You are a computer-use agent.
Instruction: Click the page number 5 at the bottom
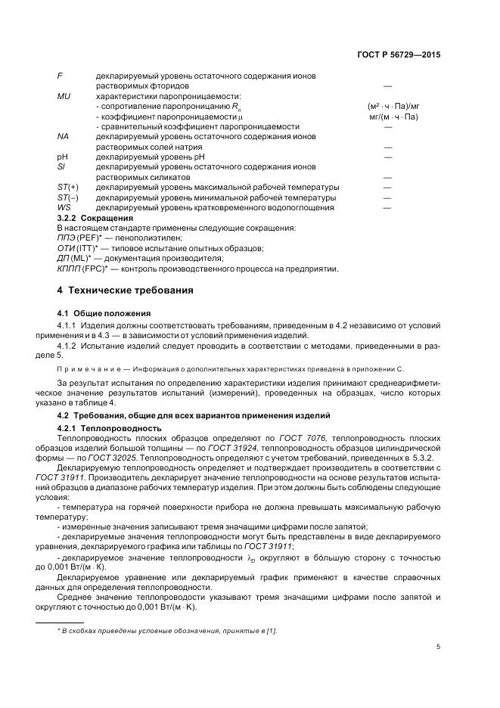pyautogui.click(x=438, y=646)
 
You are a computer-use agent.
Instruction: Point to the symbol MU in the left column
pyautogui.click(x=64, y=97)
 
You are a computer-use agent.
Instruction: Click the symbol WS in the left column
pyautogui.click(x=64, y=207)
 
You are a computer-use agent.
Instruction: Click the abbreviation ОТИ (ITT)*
pyautogui.click(x=80, y=247)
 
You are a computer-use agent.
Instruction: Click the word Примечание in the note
pyautogui.click(x=92, y=368)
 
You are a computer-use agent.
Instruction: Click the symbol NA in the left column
pyautogui.click(x=64, y=136)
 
